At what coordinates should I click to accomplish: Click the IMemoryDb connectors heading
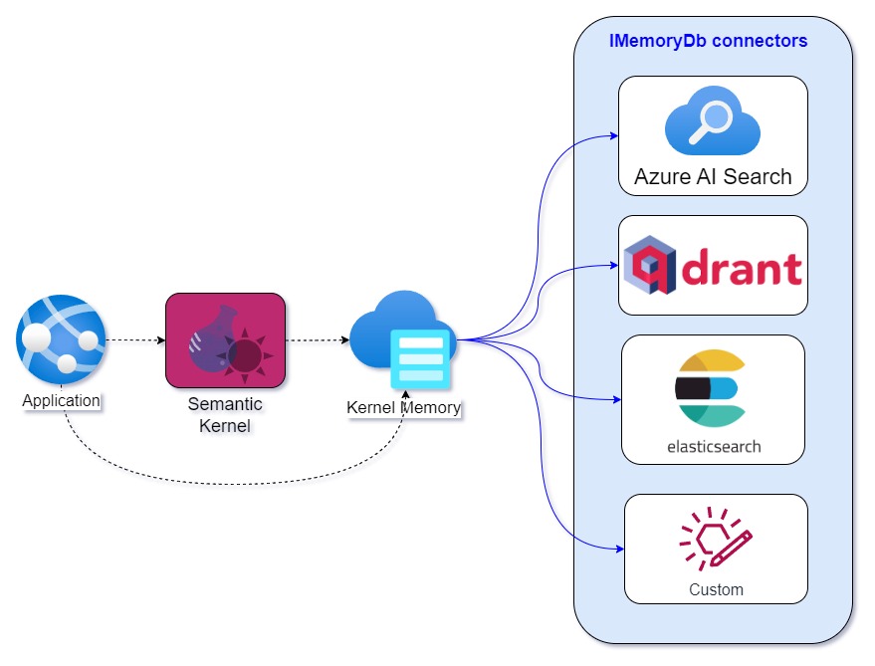(x=708, y=41)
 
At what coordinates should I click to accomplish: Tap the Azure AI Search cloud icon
(x=712, y=120)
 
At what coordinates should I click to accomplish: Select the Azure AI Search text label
(x=713, y=176)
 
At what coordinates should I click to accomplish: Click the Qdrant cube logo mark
(x=650, y=265)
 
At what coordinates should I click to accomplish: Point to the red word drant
(x=742, y=268)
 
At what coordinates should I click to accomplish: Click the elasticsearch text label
(x=714, y=447)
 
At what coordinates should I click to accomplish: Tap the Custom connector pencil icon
(x=716, y=539)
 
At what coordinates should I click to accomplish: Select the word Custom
(x=716, y=589)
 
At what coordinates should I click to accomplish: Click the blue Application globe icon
(x=61, y=340)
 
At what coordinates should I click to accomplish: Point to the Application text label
(x=62, y=400)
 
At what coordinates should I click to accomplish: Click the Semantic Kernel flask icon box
(x=225, y=340)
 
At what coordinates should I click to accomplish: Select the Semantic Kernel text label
(x=225, y=415)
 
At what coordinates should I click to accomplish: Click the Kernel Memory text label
(x=403, y=407)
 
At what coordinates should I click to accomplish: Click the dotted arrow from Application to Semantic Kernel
(x=135, y=340)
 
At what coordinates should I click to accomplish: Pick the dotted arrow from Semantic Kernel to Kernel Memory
(x=318, y=340)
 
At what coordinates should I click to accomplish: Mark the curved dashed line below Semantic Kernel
(x=234, y=484)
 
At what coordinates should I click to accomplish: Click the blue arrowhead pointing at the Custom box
(x=620, y=549)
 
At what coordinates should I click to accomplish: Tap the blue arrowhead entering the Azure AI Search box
(x=614, y=135)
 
